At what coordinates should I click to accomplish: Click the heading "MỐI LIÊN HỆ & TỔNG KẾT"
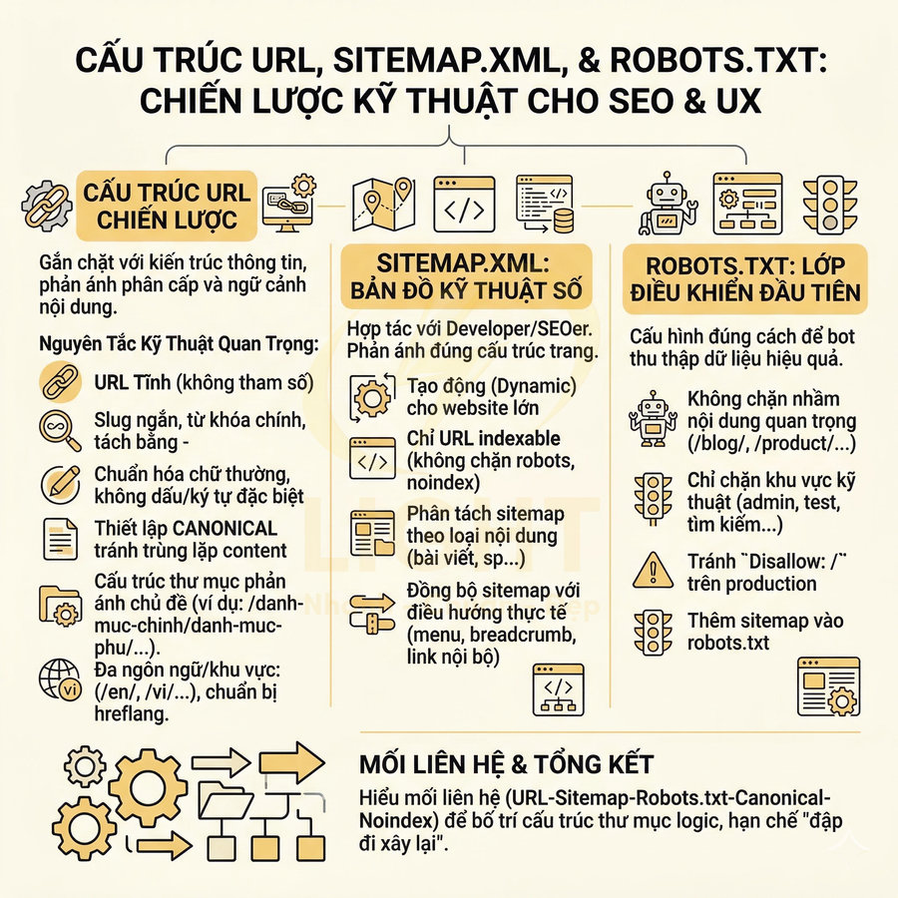tap(506, 765)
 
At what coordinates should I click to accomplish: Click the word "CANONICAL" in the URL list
tap(229, 528)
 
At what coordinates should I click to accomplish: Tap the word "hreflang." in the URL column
tap(130, 714)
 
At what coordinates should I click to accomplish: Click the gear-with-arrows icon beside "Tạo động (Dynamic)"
tap(372, 395)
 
